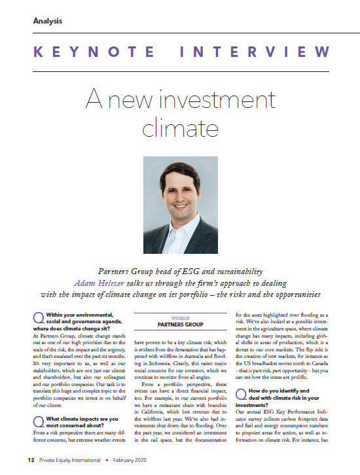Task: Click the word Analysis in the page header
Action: [x=48, y=20]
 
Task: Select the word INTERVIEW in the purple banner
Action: [x=260, y=52]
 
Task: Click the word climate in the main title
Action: [x=179, y=124]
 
